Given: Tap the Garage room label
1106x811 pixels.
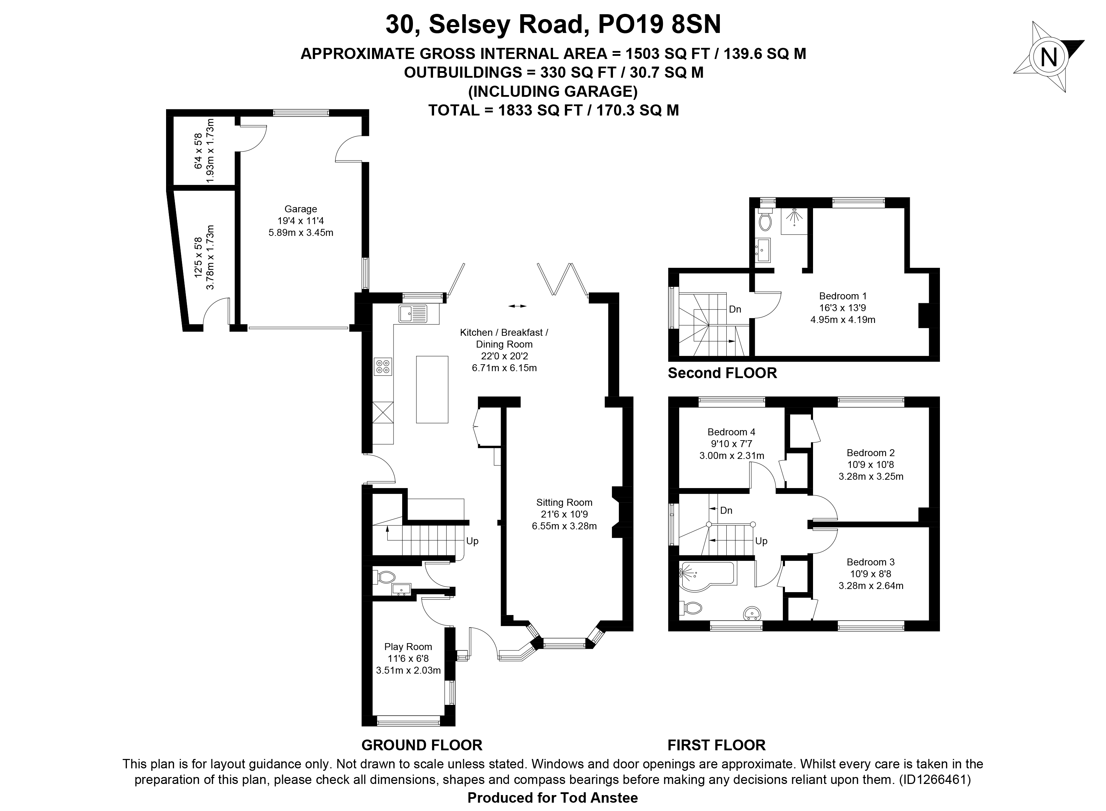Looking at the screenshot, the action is [301, 209].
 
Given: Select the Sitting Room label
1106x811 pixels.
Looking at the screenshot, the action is [564, 503].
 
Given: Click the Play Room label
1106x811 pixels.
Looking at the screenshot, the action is [408, 647].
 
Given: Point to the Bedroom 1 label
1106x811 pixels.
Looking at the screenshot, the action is [843, 296].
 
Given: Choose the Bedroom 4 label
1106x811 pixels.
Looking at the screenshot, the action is [731, 432].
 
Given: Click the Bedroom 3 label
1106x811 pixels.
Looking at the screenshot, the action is [871, 562].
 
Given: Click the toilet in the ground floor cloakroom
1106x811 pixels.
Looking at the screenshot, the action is [384, 577].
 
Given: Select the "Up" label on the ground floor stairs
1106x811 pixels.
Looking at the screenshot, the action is [472, 541].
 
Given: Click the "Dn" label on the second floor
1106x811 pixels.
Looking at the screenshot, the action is [735, 309].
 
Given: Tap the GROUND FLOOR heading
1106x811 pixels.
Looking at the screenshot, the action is [422, 745].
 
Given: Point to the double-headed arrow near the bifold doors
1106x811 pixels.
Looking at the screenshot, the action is [517, 306].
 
